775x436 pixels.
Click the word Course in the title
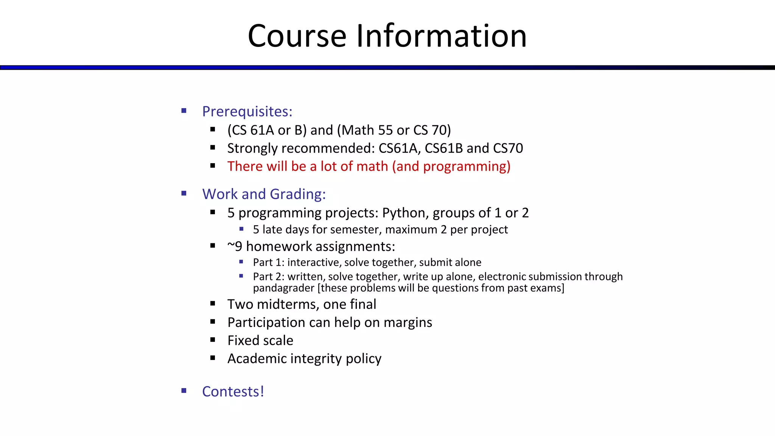297,36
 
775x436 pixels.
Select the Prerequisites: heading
247,112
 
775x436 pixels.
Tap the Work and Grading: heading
264,194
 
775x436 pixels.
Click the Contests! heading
233,392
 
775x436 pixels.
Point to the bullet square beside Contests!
184,391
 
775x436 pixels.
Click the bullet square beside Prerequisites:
184,111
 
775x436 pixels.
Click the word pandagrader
283,288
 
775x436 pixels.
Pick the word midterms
287,304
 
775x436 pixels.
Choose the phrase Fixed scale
260,341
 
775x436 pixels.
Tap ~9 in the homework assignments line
235,247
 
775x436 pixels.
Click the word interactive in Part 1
314,262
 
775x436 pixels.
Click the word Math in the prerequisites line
357,130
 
